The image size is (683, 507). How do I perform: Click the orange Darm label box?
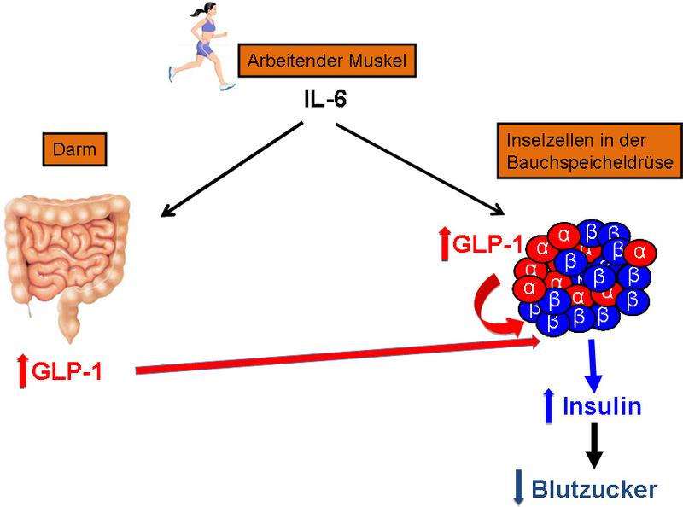coord(73,150)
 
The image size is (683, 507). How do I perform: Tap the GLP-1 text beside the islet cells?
coord(487,245)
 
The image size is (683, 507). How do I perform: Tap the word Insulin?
coord(602,407)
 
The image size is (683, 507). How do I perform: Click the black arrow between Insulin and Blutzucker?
coord(592,445)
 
